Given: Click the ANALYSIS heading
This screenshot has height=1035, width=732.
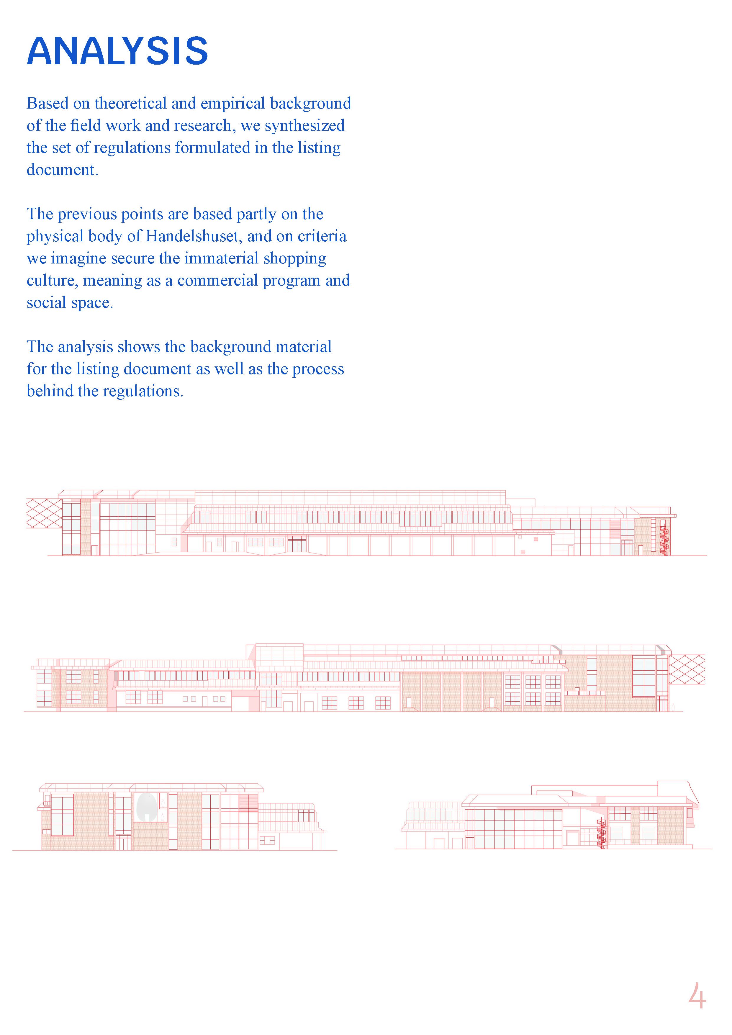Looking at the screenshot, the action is [x=117, y=51].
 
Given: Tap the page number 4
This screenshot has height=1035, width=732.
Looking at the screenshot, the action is [x=697, y=995].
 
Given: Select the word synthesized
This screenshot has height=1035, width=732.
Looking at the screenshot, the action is [x=305, y=126].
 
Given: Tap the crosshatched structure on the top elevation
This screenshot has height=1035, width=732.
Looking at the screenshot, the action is [x=44, y=513].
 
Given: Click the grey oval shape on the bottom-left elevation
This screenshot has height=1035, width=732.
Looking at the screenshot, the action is [x=145, y=807].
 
